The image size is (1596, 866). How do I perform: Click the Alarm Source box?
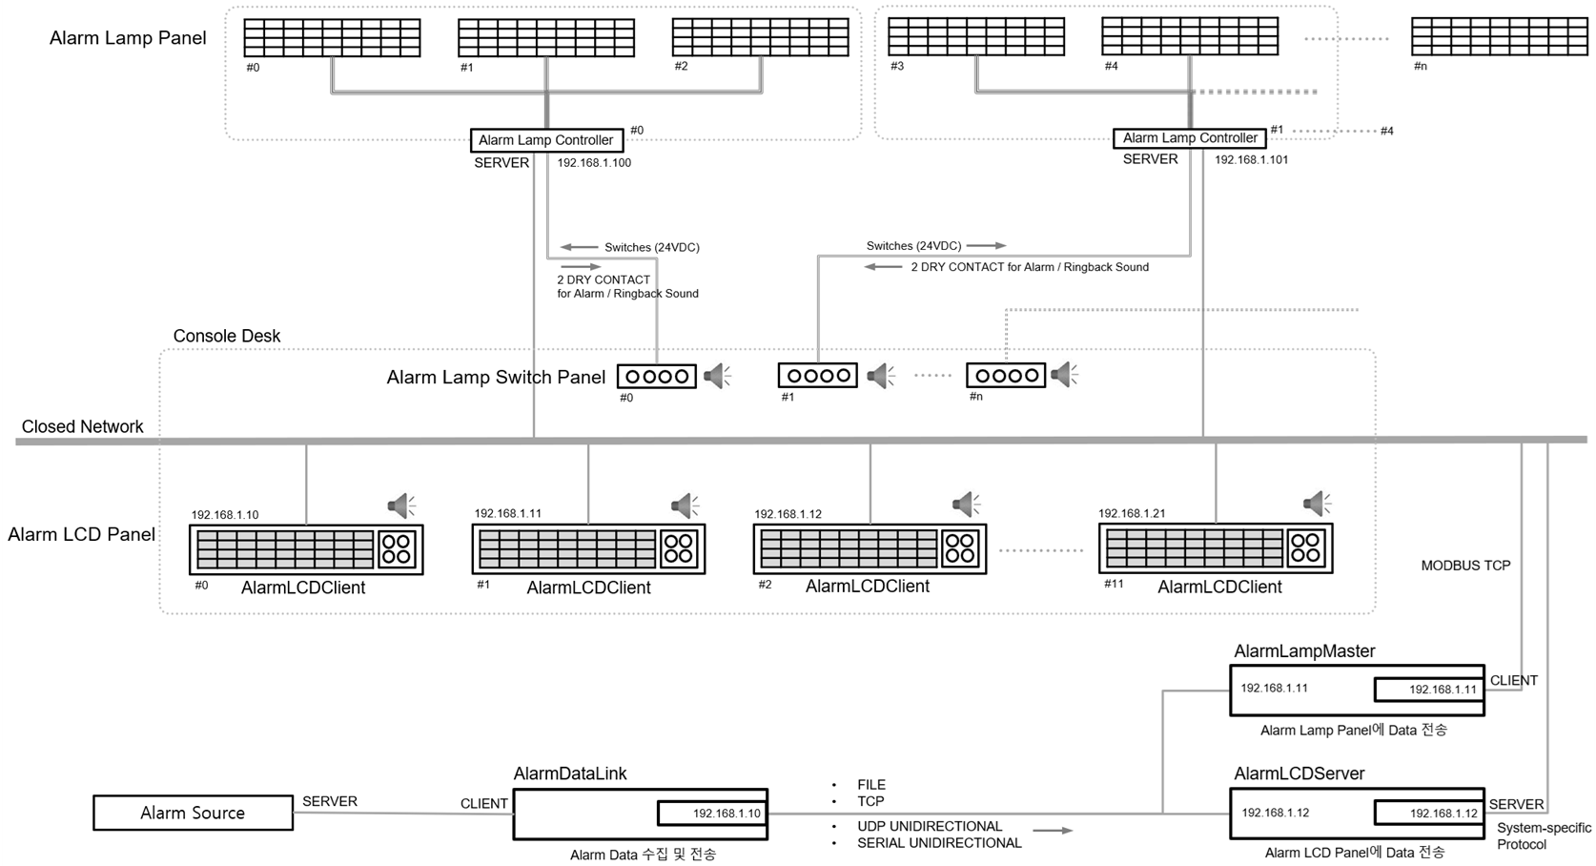coord(193,813)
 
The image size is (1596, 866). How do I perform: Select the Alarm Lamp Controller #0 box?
coord(546,140)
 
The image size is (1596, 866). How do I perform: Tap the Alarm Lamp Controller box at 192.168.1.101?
coord(1190,138)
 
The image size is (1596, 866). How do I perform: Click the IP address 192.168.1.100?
coord(594,163)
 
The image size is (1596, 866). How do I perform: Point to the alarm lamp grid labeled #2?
coord(760,37)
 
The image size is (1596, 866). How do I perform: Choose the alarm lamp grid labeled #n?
coord(1500,36)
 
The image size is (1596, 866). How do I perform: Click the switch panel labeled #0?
coord(657,376)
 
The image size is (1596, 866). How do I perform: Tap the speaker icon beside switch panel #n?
coord(1064,375)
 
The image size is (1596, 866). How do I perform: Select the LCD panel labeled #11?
coord(1216,548)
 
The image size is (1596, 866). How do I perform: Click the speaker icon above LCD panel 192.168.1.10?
coord(401,505)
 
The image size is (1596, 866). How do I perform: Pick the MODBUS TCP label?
coord(1465,566)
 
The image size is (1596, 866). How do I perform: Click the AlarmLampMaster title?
coord(1304,651)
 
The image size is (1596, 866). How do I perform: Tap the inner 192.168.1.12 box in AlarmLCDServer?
coord(1428,813)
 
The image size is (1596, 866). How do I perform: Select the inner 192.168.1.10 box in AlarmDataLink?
coord(711,814)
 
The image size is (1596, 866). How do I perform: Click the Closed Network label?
coord(83,426)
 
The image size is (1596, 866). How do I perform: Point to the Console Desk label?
coord(227,336)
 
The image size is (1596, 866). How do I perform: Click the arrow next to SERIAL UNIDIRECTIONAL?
coord(1053,831)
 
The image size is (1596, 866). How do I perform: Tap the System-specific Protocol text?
coord(1544,835)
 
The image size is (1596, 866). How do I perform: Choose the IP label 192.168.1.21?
coord(1132,513)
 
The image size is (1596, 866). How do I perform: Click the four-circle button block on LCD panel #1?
coord(679,548)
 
